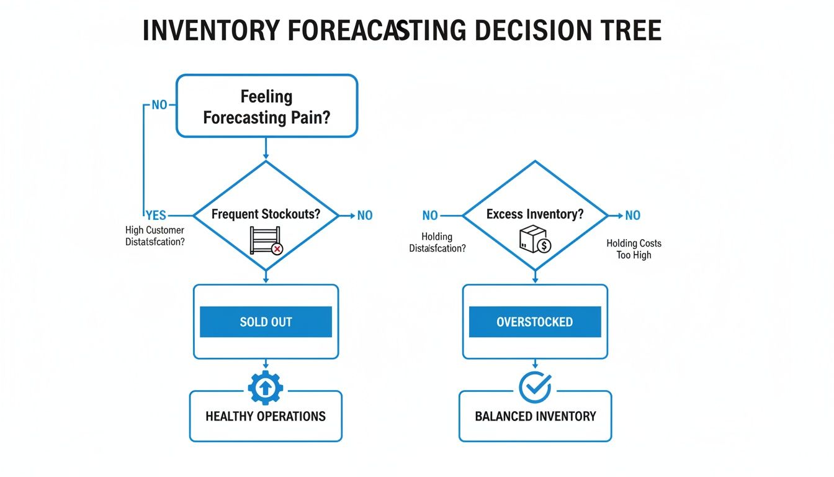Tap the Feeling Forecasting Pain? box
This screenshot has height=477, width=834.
point(266,106)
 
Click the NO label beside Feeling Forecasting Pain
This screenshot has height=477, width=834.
point(159,105)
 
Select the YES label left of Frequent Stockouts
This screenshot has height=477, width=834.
point(156,215)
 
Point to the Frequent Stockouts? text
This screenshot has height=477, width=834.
point(266,215)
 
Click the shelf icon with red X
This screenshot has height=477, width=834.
point(266,241)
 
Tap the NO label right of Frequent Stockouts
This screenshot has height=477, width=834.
point(365,216)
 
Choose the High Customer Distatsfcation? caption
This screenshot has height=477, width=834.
point(155,236)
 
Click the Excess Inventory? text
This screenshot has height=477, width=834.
point(535,214)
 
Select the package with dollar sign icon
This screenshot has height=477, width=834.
point(535,240)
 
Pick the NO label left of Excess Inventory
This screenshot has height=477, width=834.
point(430,216)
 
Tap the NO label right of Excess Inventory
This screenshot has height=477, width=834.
point(632,216)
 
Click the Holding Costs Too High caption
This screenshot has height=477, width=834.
point(634,249)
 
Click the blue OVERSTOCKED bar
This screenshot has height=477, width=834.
point(535,322)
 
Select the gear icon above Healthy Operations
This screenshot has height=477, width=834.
point(266,388)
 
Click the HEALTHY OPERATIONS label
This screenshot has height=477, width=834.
point(266,416)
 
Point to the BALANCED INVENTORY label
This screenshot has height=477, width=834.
point(535,416)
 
